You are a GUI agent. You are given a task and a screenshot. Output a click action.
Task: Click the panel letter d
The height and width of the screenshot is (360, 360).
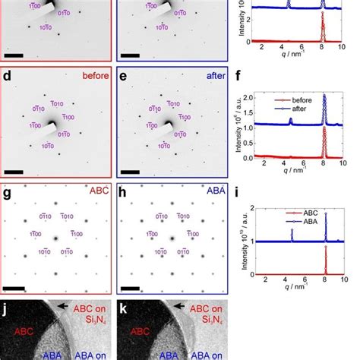click(8, 76)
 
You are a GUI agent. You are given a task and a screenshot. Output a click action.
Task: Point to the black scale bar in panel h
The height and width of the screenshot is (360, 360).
click(130, 289)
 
